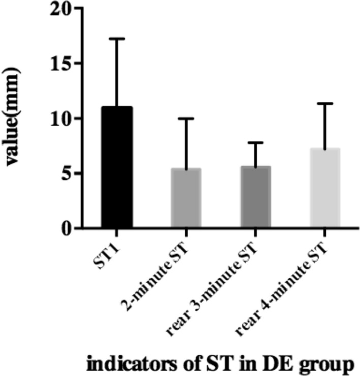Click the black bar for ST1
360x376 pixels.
click(117, 168)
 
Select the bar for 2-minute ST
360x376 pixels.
click(186, 198)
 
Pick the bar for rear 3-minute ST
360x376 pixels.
click(255, 197)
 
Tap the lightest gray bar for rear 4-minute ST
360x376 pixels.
click(325, 188)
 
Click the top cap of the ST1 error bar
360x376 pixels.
click(117, 39)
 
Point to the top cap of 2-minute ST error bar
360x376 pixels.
click(186, 118)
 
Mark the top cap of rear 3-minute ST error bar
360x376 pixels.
click(255, 143)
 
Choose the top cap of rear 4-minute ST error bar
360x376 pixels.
click(325, 104)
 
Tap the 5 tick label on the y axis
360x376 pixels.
click(67, 174)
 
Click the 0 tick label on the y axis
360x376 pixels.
click(67, 229)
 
